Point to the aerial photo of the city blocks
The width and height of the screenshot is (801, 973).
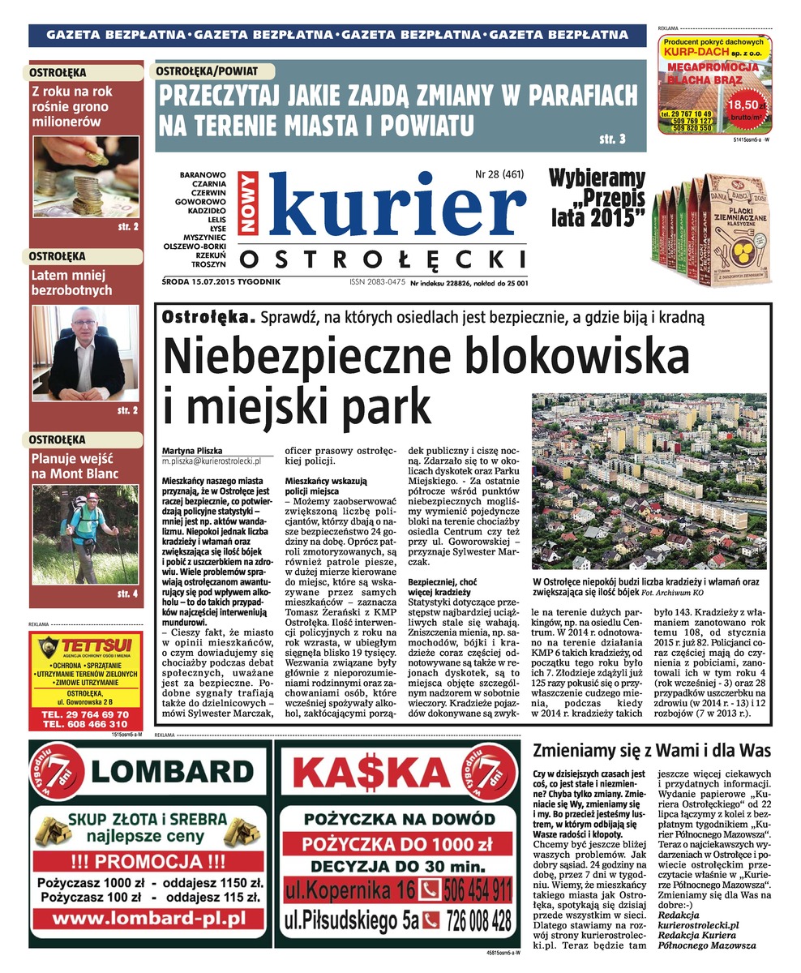[x=649, y=482]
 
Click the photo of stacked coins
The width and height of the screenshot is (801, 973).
[x=85, y=177]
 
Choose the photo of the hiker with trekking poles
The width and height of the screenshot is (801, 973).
[x=85, y=534]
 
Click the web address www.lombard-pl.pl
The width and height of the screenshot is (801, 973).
[x=148, y=919]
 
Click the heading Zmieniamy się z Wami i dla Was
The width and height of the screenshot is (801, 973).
[x=652, y=749]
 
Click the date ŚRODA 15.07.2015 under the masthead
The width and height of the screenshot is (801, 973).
[x=221, y=282]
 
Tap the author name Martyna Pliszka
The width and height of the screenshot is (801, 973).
[x=192, y=451]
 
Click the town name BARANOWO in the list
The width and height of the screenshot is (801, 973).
[x=203, y=174]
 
